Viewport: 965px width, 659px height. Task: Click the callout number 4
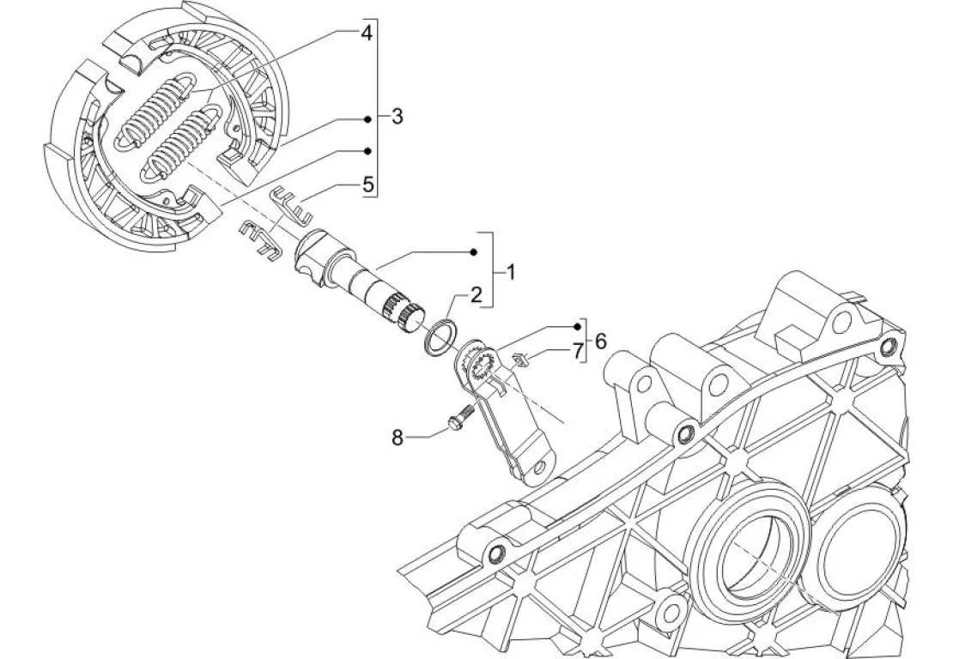[x=367, y=33]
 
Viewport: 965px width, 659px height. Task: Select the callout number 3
[x=397, y=116]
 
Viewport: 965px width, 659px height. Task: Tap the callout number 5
[x=368, y=184]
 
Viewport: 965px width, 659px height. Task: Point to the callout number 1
[x=510, y=271]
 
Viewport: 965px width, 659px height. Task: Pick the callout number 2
[x=476, y=294]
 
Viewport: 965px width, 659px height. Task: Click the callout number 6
[x=600, y=341]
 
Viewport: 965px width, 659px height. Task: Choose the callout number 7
[x=577, y=351]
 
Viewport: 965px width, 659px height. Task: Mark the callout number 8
[x=398, y=438]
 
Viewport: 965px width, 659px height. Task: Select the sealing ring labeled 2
[x=440, y=338]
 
